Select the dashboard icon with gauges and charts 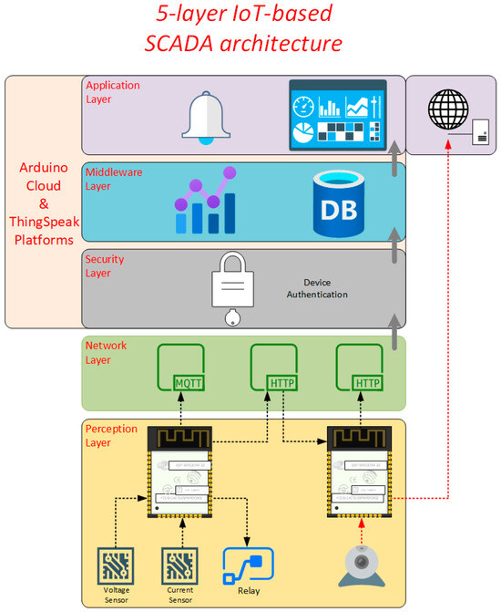point(337,116)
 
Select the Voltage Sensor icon point(116,566)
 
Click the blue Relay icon point(249,567)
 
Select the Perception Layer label point(111,434)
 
